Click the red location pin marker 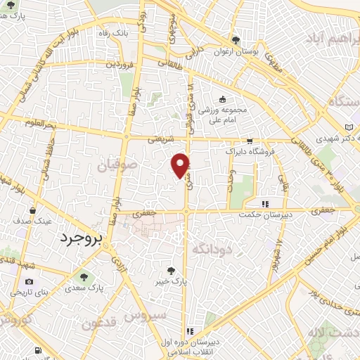click(x=181, y=165)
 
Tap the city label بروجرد click(x=78, y=238)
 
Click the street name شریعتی click(x=160, y=141)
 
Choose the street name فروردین click(x=119, y=65)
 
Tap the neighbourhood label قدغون click(x=99, y=324)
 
